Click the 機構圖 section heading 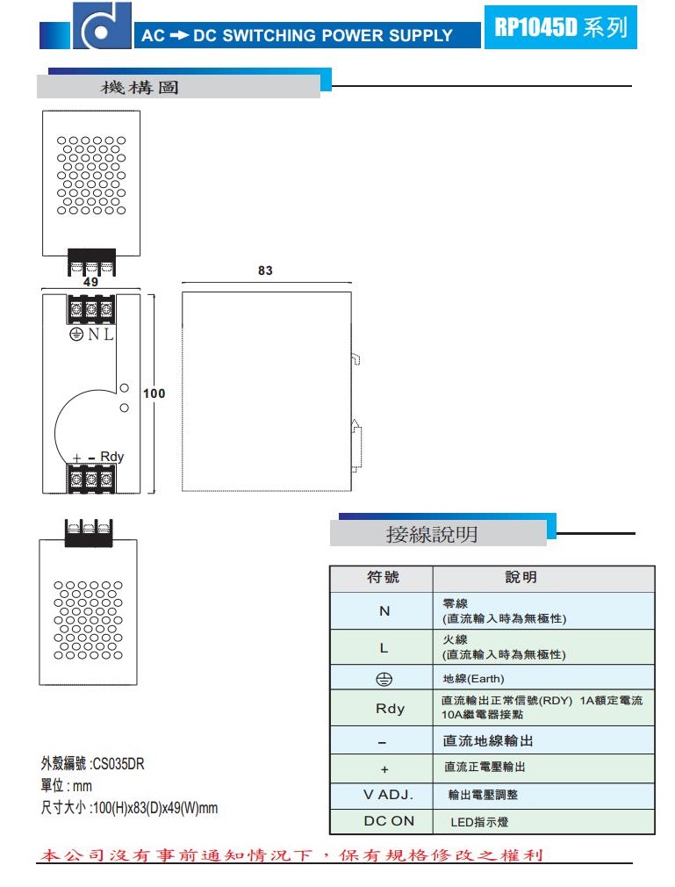pyautogui.click(x=140, y=88)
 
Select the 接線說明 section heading pyautogui.click(x=432, y=534)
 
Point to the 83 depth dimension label pyautogui.click(x=265, y=270)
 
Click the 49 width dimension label pyautogui.click(x=90, y=283)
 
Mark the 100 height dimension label pyautogui.click(x=154, y=393)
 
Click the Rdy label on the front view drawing pyautogui.click(x=112, y=457)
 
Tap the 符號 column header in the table pyautogui.click(x=382, y=577)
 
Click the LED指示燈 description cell pyautogui.click(x=479, y=822)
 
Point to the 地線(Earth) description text pyautogui.click(x=474, y=679)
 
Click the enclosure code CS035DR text pyautogui.click(x=92, y=764)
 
